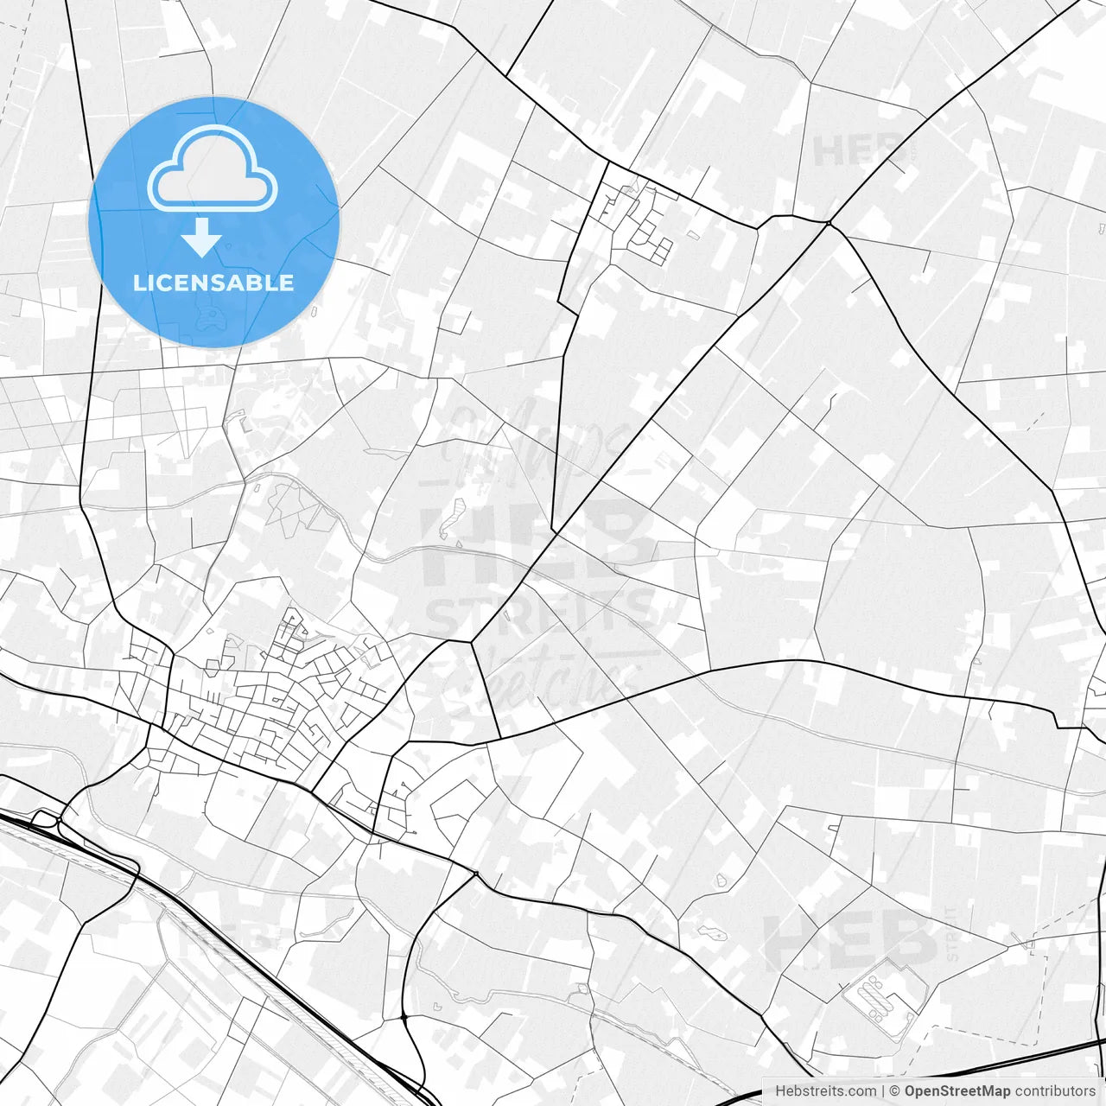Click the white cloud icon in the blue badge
coord(213,168)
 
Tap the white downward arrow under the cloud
coord(202,238)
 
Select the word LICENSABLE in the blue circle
coord(213,283)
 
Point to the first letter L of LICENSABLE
coord(139,283)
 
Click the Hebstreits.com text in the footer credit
coord(825,1091)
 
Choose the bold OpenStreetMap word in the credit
coord(957,1091)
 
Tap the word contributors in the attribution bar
coord(1055,1091)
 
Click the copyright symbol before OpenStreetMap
coord(895,1091)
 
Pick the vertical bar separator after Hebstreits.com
coord(883,1091)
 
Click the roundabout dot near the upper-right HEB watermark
coord(828,224)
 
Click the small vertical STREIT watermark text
coord(951,933)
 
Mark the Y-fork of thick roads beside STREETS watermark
coord(472,641)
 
